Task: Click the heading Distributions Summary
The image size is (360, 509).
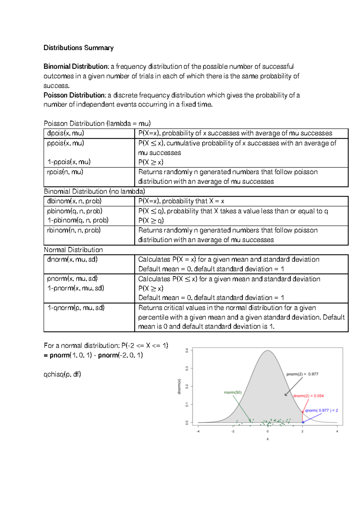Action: [78, 48]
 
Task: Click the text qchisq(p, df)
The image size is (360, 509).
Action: [62, 374]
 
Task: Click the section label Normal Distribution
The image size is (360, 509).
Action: [73, 250]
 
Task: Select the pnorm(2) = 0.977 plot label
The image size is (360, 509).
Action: [302, 374]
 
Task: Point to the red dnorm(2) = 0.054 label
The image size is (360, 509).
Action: [308, 396]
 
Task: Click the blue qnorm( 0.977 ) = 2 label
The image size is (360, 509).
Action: [321, 411]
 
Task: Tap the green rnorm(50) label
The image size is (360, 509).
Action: [233, 392]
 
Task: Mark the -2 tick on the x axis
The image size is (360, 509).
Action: [233, 432]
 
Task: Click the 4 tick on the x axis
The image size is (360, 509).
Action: [337, 432]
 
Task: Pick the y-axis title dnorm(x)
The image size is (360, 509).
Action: [179, 386]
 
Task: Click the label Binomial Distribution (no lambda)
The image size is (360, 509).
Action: [94, 192]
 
